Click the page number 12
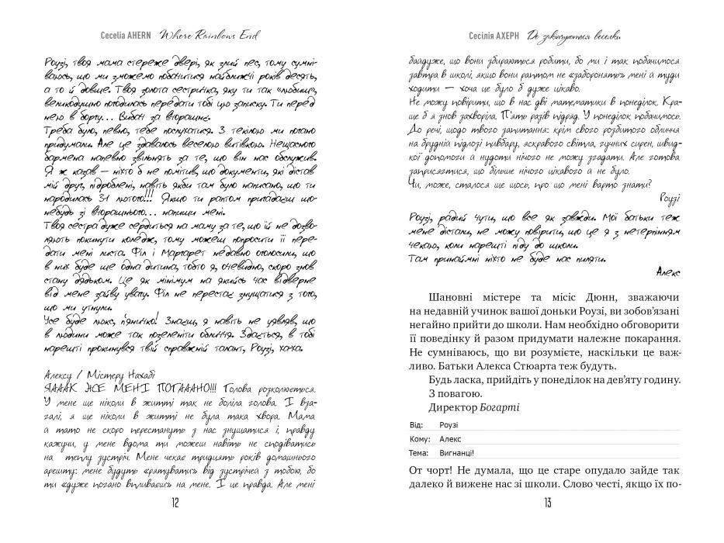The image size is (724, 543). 174,502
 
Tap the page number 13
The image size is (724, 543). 547,502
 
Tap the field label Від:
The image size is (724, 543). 415,425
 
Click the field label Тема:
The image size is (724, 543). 417,452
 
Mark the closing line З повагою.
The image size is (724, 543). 456,393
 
